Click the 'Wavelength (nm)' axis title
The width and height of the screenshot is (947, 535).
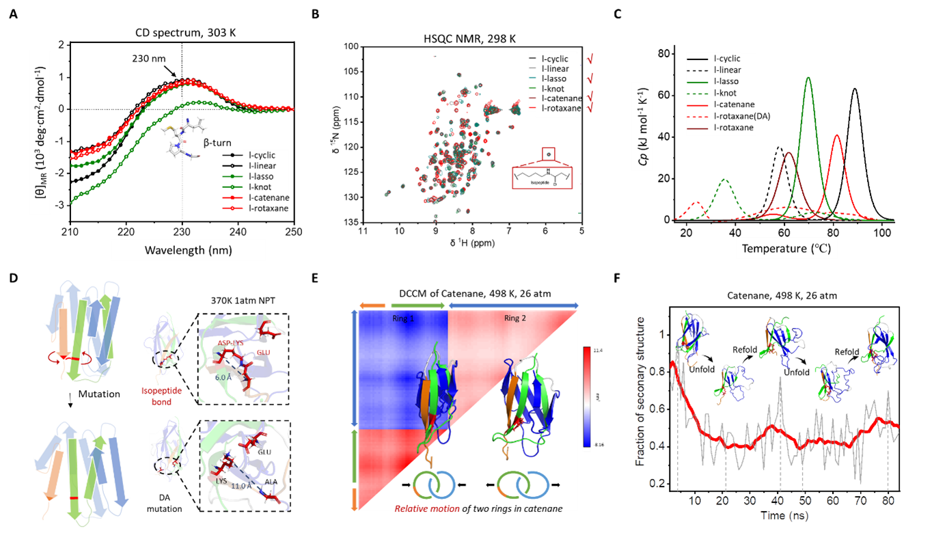(x=188, y=250)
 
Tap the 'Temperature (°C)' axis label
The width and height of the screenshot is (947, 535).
(x=786, y=249)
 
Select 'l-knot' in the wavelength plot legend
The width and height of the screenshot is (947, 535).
(x=262, y=187)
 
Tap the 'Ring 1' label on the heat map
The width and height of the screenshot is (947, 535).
(x=402, y=318)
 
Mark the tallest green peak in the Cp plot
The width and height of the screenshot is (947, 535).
(x=808, y=77)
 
